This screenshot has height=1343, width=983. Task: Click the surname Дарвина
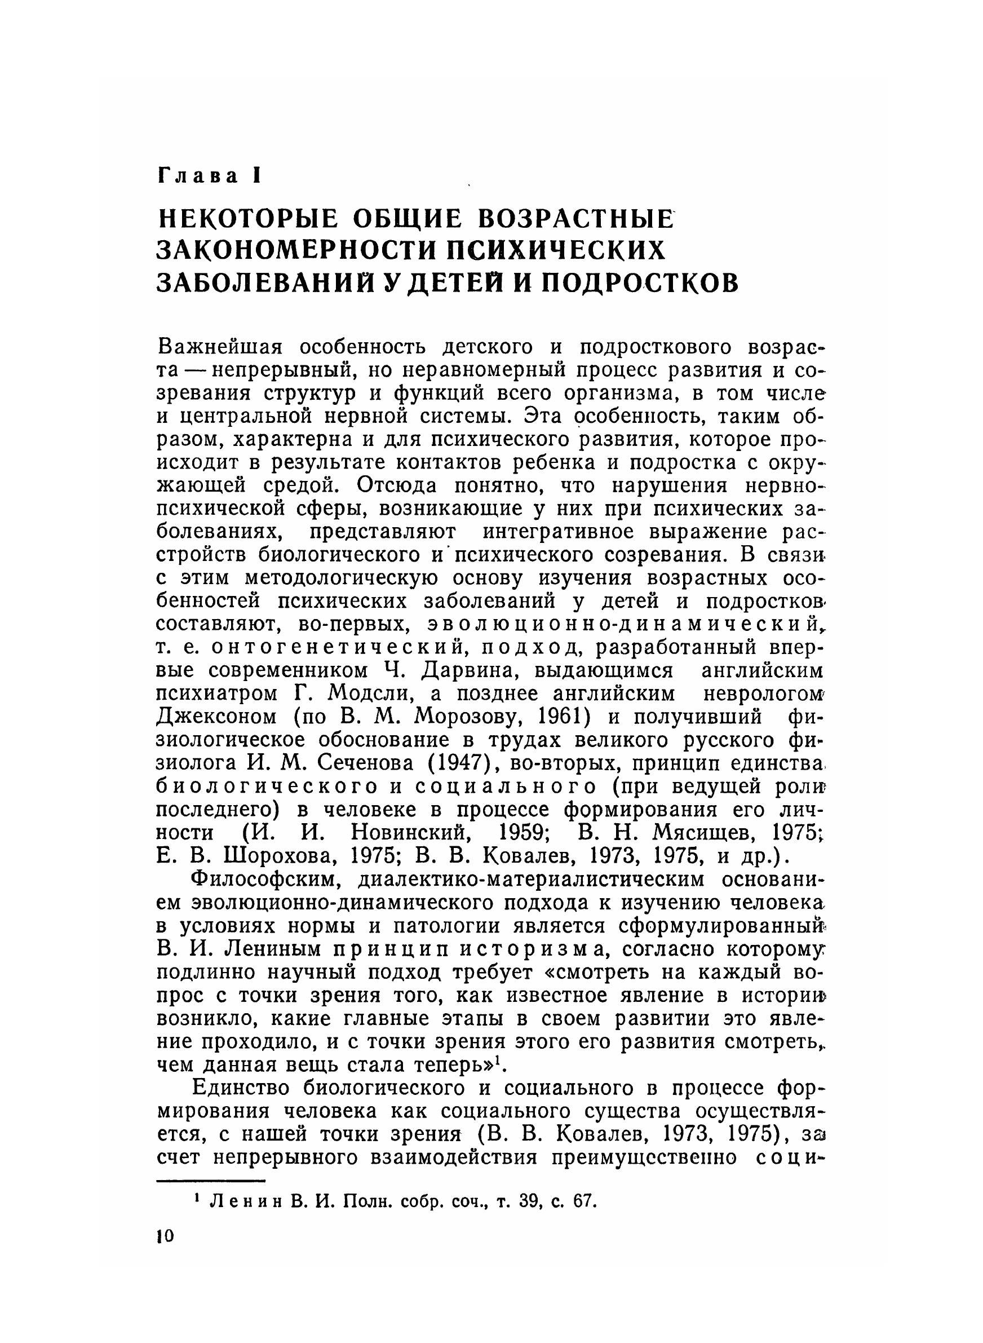470,670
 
